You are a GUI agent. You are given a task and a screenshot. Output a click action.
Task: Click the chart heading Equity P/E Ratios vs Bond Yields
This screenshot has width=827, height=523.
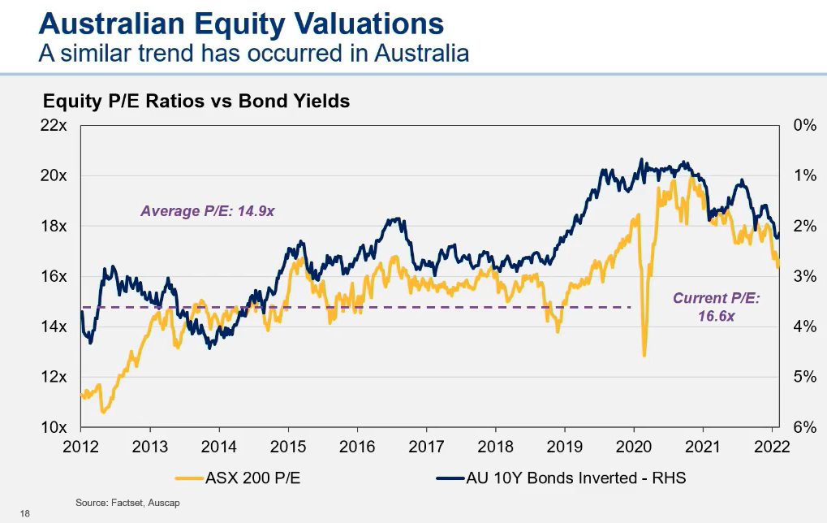pyautogui.click(x=196, y=102)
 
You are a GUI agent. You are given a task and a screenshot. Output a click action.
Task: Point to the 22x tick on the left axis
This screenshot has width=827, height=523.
pyautogui.click(x=54, y=126)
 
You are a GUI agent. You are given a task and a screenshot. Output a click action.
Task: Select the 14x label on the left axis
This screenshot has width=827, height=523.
pyautogui.click(x=54, y=326)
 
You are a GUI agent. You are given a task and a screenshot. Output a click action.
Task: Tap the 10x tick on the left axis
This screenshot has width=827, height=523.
pyautogui.click(x=54, y=427)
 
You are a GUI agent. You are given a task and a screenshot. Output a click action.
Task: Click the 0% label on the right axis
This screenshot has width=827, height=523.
pyautogui.click(x=803, y=126)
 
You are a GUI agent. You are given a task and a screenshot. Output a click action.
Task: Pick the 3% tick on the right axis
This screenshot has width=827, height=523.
pyautogui.click(x=803, y=276)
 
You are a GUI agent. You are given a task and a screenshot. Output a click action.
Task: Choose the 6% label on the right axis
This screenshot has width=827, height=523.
pyautogui.click(x=803, y=427)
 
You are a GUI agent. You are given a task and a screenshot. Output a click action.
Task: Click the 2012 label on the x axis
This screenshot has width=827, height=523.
pyautogui.click(x=80, y=447)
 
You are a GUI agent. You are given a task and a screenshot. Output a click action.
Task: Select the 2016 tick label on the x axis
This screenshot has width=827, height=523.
pyautogui.click(x=357, y=447)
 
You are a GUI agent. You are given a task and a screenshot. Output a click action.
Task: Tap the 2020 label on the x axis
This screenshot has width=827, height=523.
pyautogui.click(x=633, y=447)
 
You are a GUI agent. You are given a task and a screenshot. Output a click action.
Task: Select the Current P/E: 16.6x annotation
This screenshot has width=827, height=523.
pyautogui.click(x=716, y=307)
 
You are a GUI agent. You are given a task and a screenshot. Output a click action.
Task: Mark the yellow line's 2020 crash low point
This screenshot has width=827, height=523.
pyautogui.click(x=644, y=355)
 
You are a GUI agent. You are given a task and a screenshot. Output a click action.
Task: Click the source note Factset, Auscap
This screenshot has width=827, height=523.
pyautogui.click(x=127, y=504)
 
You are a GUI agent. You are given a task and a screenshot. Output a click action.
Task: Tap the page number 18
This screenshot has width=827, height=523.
pyautogui.click(x=24, y=513)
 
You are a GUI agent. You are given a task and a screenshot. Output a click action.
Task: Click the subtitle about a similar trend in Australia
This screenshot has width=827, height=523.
pyautogui.click(x=254, y=54)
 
